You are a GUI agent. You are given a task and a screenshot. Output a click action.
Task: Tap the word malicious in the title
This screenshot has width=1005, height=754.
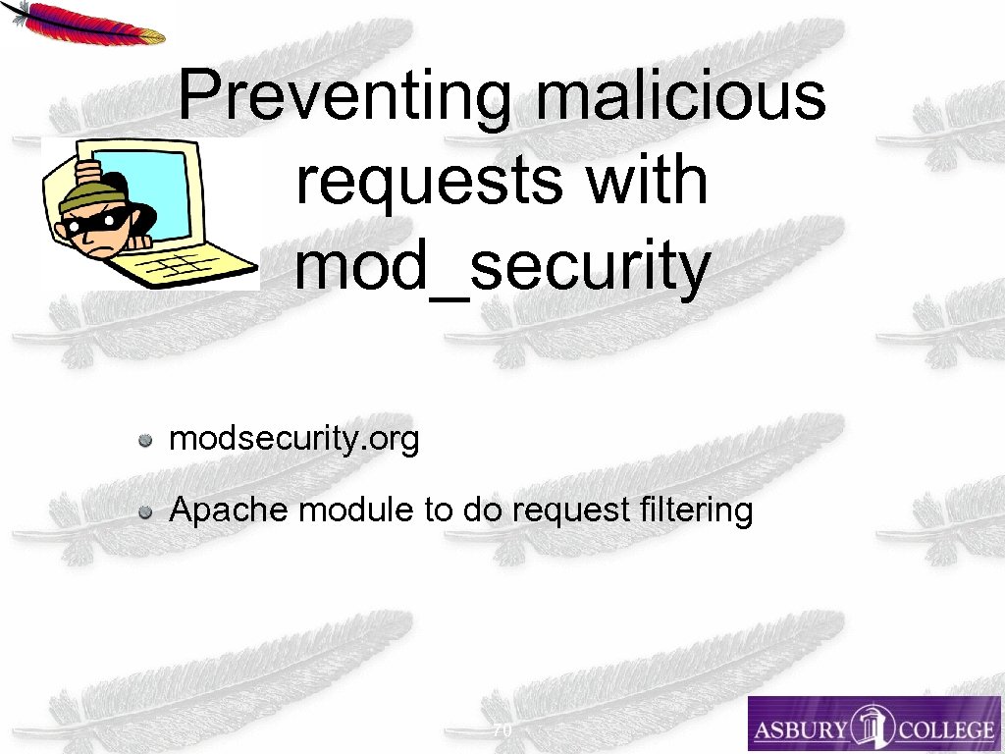pos(681,96)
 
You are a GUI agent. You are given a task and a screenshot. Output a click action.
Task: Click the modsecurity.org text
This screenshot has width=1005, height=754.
pos(293,439)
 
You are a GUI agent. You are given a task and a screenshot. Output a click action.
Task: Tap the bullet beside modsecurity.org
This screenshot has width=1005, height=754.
pos(144,440)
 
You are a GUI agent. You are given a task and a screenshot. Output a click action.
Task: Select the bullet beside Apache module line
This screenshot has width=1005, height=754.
pos(144,512)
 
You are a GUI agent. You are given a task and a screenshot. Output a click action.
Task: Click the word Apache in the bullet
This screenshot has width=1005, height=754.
pos(229,511)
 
